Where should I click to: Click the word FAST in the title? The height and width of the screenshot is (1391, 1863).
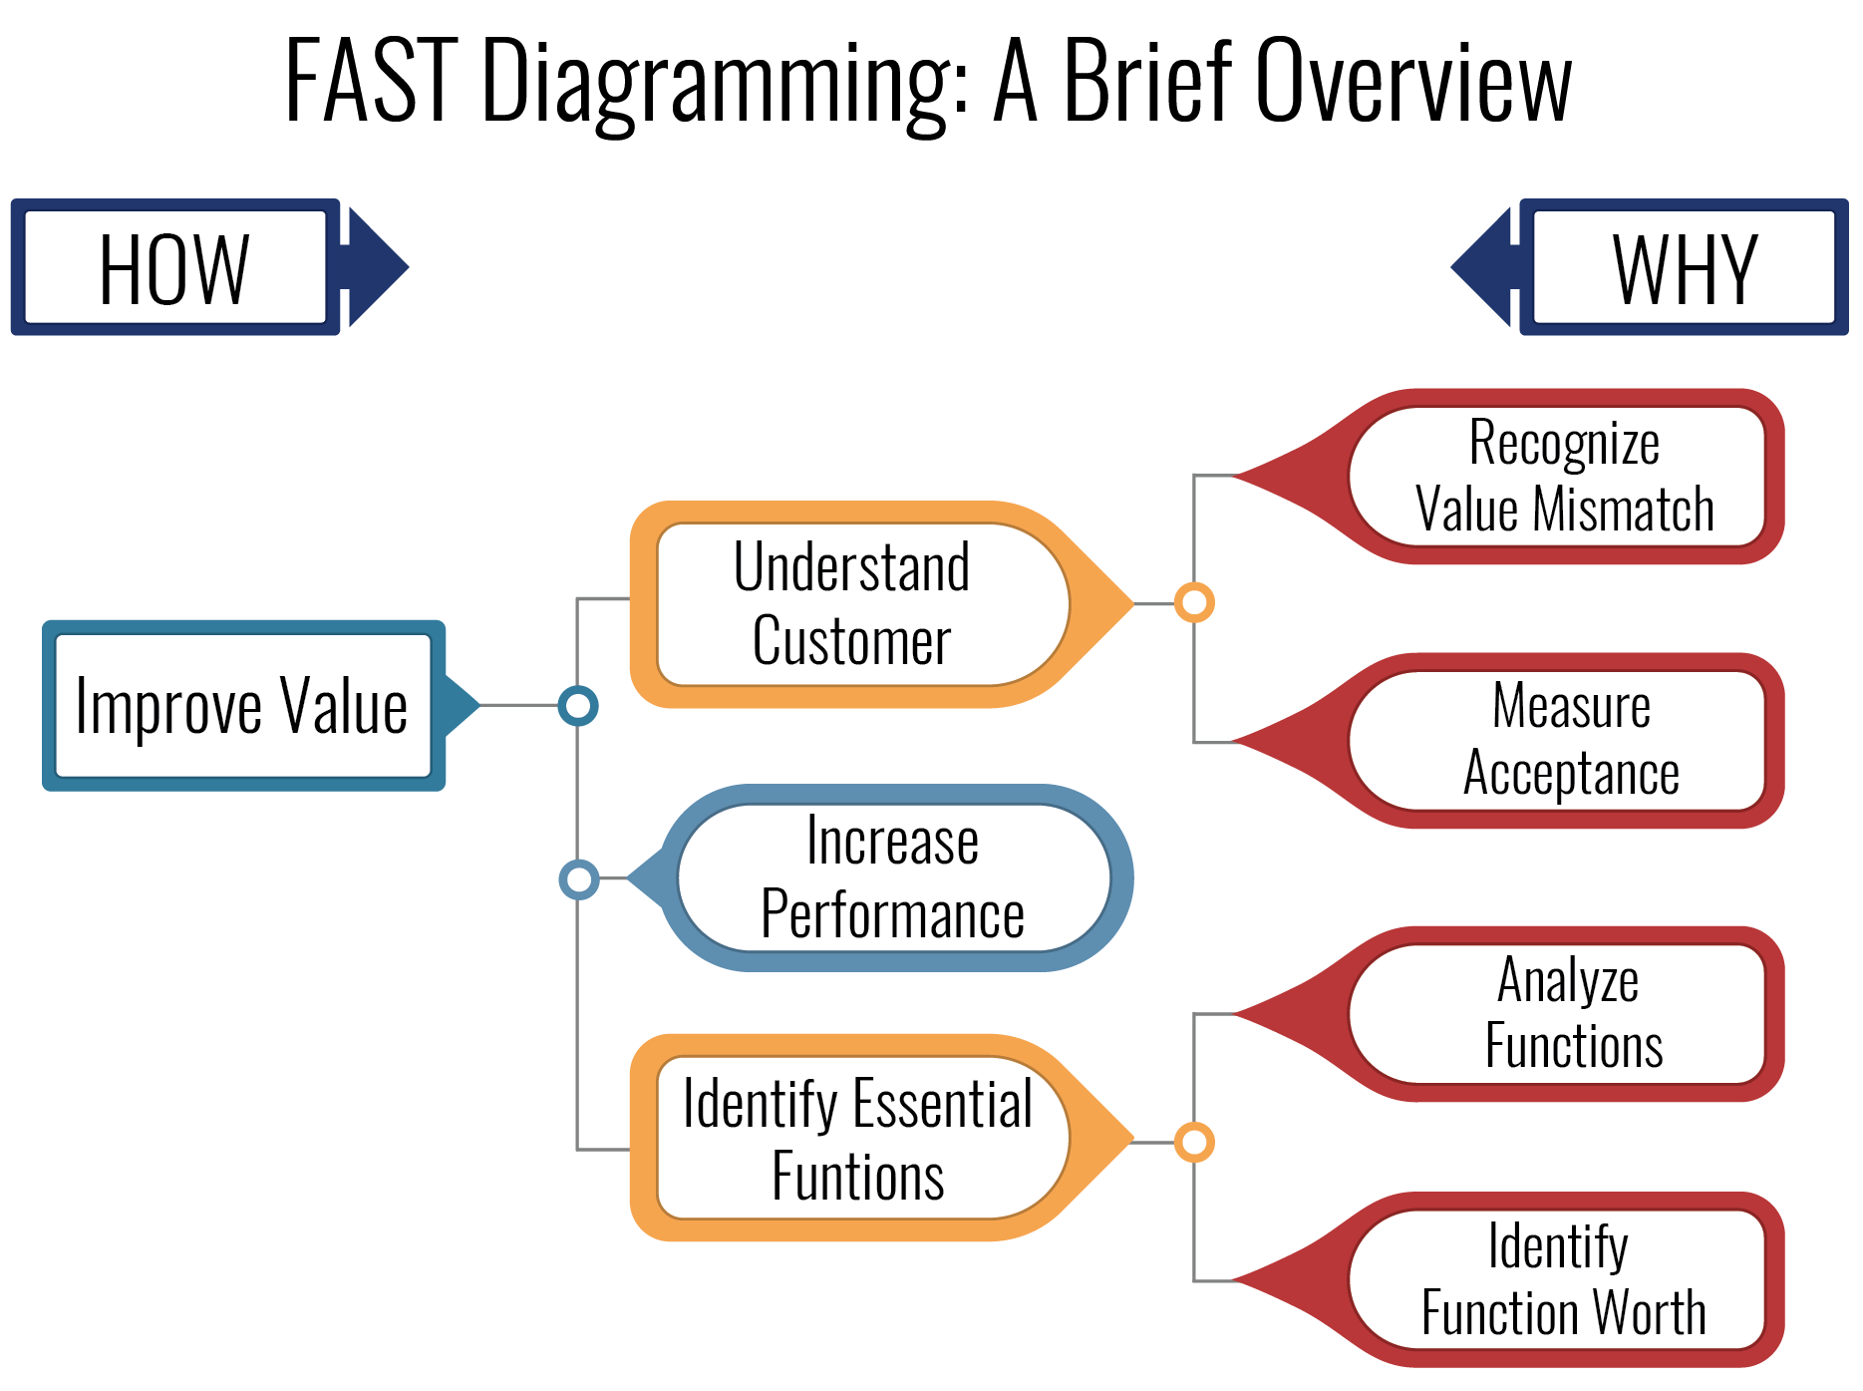[372, 80]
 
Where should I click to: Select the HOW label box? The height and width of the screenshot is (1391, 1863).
[174, 267]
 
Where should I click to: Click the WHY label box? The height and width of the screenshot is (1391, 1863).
[1685, 267]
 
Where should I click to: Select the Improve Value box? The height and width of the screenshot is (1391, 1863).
[243, 705]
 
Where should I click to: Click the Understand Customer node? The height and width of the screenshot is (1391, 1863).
[853, 604]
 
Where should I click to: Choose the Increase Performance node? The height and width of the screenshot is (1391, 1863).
[893, 877]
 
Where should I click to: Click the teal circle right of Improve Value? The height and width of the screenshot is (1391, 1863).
[578, 705]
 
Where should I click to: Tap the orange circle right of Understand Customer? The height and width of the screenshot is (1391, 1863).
[1194, 602]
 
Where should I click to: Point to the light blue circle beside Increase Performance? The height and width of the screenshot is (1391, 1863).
[579, 878]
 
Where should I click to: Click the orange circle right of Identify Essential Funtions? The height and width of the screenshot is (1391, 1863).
[1194, 1142]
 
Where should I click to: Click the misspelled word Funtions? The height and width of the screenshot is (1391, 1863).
[858, 1178]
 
